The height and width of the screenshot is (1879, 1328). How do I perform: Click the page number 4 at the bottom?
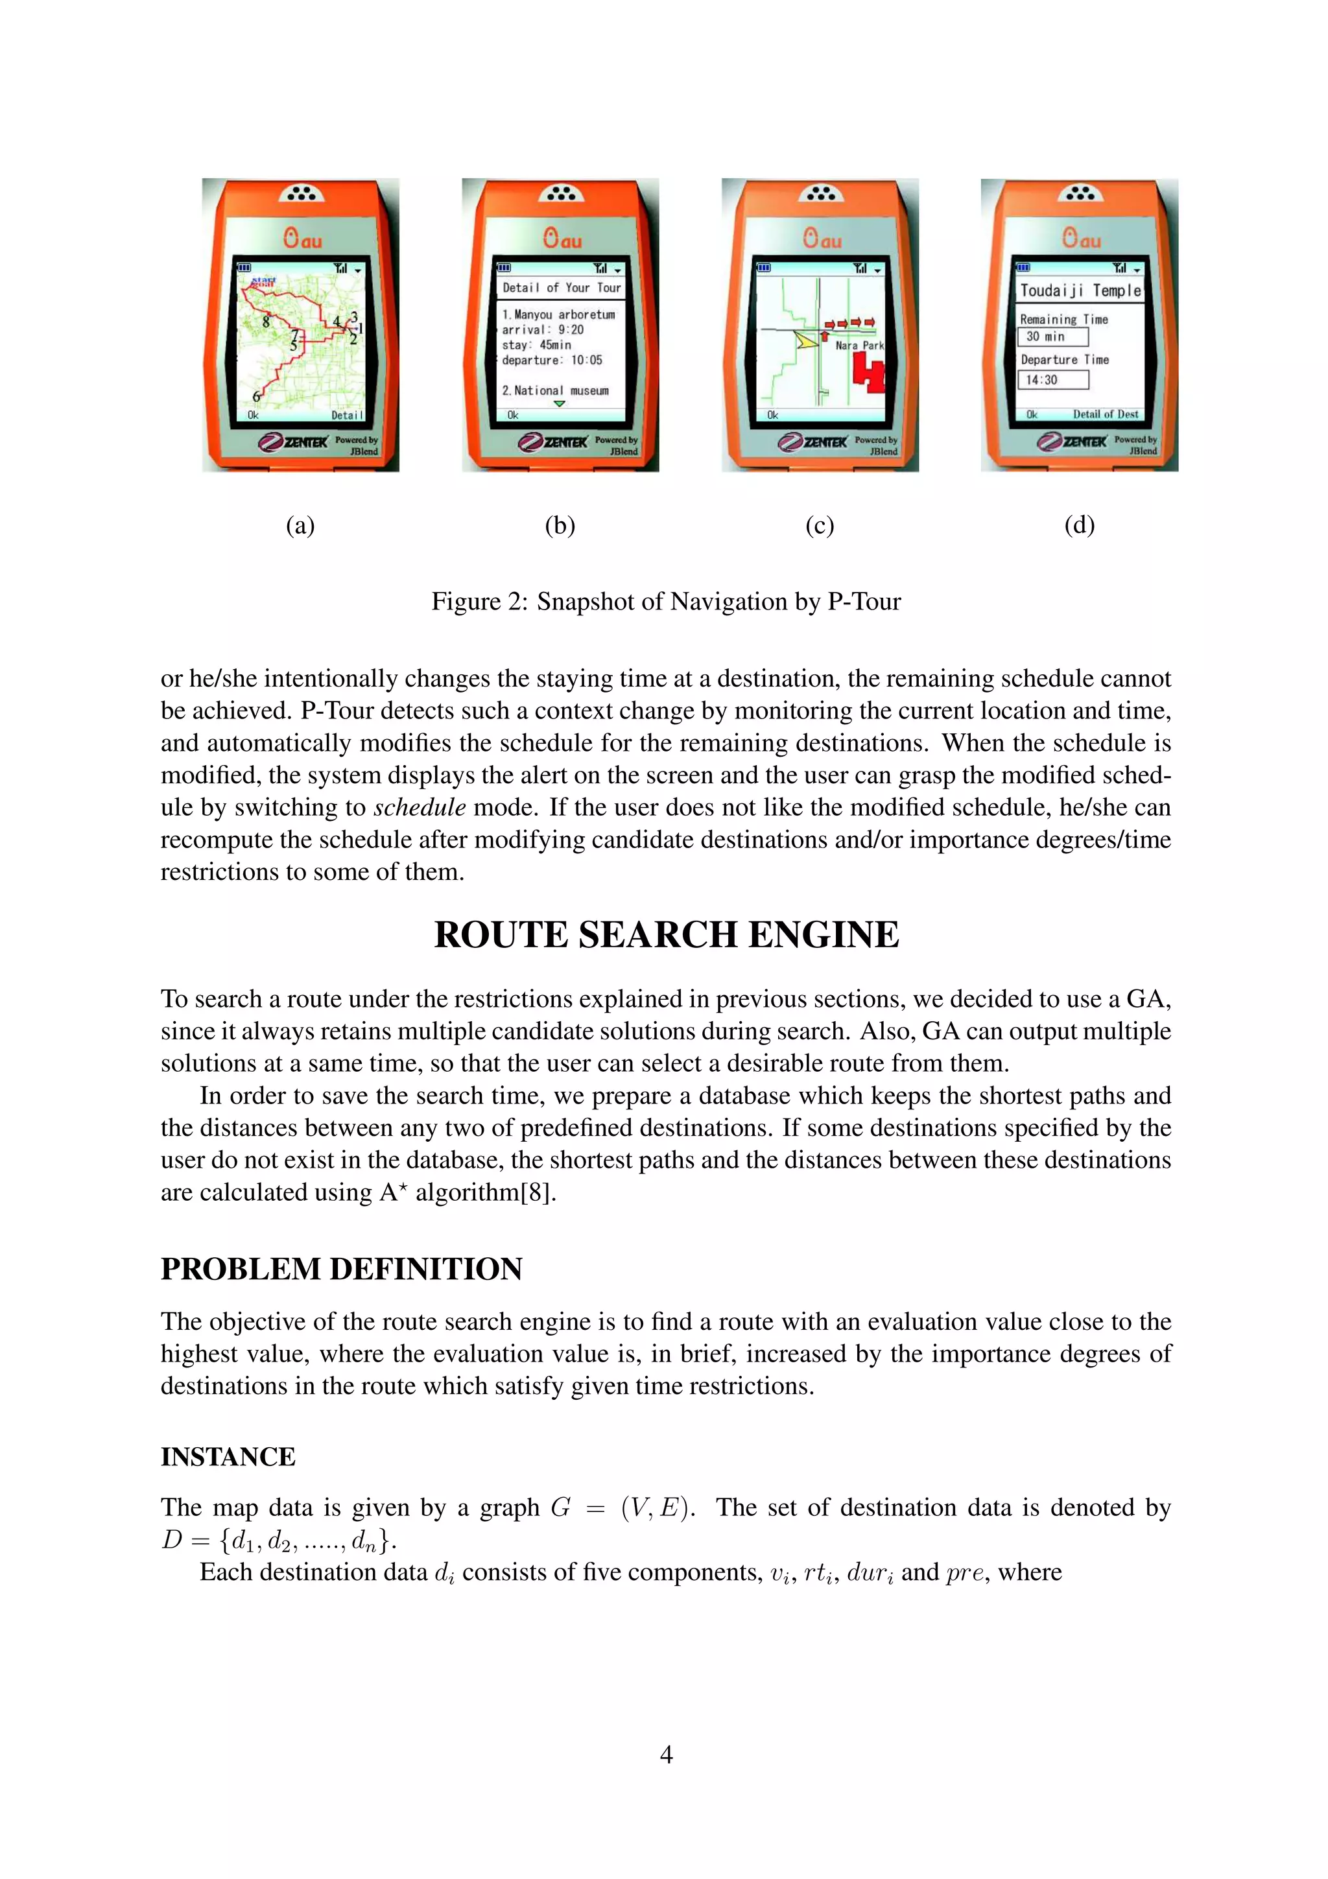665,1754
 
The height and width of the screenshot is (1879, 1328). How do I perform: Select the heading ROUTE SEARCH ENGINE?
666,934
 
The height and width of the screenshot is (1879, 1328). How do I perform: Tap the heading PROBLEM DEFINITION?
341,1268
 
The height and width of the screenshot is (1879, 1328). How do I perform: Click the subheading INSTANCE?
228,1457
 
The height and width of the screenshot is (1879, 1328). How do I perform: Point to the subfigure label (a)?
300,525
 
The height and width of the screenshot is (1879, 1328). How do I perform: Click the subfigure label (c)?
819,525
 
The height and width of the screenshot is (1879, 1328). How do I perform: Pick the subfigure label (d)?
1079,525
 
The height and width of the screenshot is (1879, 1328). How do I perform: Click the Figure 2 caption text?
666,602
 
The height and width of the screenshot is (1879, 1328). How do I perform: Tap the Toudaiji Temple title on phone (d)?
1080,290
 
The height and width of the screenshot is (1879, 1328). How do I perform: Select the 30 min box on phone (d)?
1053,337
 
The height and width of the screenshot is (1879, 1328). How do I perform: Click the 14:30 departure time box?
1053,380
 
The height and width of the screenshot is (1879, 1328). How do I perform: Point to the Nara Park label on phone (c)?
859,346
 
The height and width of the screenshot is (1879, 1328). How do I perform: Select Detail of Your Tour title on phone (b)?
562,288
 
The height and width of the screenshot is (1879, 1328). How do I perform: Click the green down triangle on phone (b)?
559,403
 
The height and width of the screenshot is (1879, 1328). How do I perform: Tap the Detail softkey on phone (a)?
347,415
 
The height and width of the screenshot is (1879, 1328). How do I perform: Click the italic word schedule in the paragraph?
420,808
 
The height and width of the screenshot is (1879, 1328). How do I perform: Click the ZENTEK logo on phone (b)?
554,442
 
